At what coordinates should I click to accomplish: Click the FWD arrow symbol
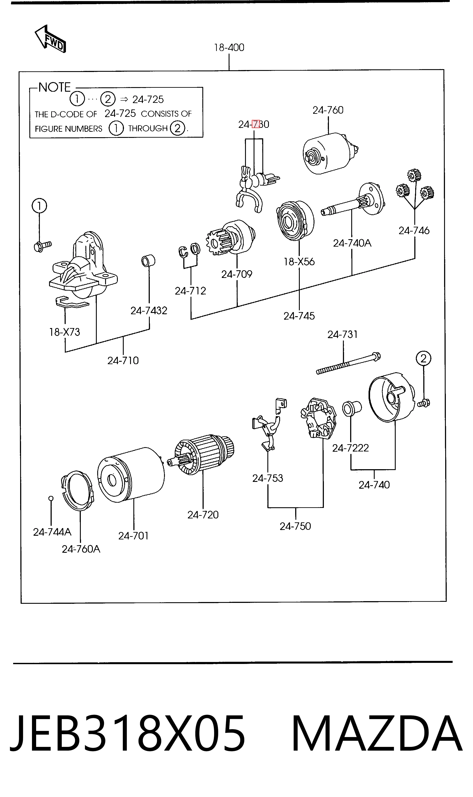point(50,39)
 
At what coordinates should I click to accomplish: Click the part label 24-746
point(414,230)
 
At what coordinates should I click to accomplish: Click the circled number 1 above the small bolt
point(39,206)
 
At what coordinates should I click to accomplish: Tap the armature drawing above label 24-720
point(201,454)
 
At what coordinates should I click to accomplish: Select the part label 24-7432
point(149,311)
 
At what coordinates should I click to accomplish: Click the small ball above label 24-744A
point(51,498)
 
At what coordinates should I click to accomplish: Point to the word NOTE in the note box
point(55,87)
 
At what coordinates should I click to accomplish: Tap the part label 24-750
point(295,526)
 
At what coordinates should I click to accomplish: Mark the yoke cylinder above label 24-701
point(131,475)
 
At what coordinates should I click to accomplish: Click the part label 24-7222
point(350,448)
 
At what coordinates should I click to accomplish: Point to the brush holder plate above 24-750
point(318,418)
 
